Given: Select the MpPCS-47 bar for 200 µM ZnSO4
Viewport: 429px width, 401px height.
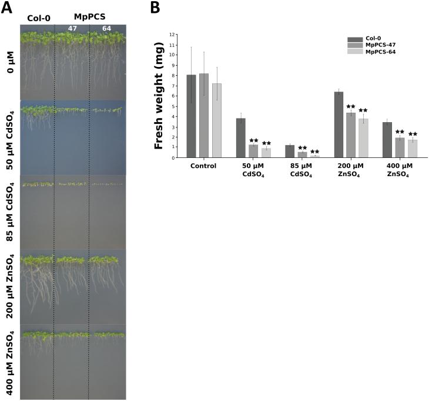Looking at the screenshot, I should [x=350, y=135].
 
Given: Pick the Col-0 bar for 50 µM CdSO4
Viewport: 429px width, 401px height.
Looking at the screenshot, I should [x=240, y=138].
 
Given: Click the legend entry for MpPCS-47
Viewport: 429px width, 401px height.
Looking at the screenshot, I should [x=378, y=45].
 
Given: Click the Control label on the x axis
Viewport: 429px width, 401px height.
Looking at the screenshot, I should [x=203, y=166].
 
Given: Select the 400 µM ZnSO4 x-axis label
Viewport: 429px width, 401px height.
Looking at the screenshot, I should [x=399, y=170].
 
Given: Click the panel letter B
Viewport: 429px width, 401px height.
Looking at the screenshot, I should [x=155, y=8].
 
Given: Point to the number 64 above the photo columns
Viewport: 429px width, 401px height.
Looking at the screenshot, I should [x=106, y=28].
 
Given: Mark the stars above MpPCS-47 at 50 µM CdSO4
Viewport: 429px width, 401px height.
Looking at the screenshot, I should [x=253, y=140].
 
